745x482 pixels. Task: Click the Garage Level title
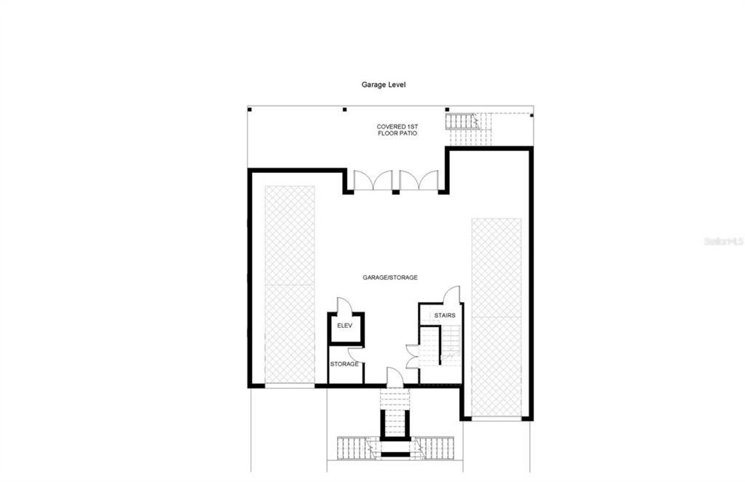click(x=384, y=84)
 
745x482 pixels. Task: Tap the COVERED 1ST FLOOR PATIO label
click(x=396, y=130)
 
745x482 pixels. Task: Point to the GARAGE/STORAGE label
click(x=390, y=278)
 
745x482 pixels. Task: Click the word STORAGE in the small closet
click(x=345, y=364)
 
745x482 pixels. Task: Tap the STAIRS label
click(x=445, y=316)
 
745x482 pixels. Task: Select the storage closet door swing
click(x=356, y=355)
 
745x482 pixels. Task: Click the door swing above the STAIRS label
click(x=451, y=295)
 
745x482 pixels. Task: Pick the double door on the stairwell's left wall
click(x=412, y=356)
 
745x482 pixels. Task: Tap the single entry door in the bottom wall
click(x=395, y=376)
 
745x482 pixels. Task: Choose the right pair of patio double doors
click(x=419, y=180)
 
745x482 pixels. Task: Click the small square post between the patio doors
click(x=396, y=192)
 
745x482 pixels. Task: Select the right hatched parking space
click(x=496, y=317)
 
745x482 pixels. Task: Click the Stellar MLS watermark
click(x=723, y=240)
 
